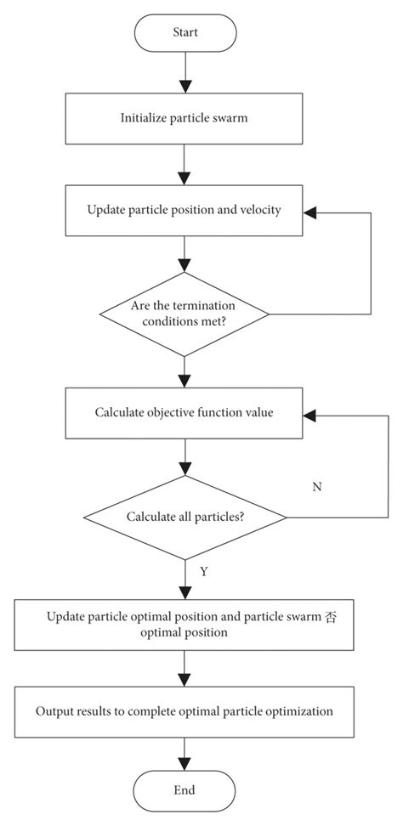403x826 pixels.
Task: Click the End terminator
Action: coord(184,789)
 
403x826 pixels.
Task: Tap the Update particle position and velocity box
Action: coord(184,211)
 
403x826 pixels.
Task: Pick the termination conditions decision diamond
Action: coord(184,314)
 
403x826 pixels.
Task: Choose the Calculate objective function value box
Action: coord(184,414)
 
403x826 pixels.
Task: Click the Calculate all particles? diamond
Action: coord(184,517)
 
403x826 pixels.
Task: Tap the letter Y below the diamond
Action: coord(204,571)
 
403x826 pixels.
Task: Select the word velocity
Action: coord(260,211)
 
